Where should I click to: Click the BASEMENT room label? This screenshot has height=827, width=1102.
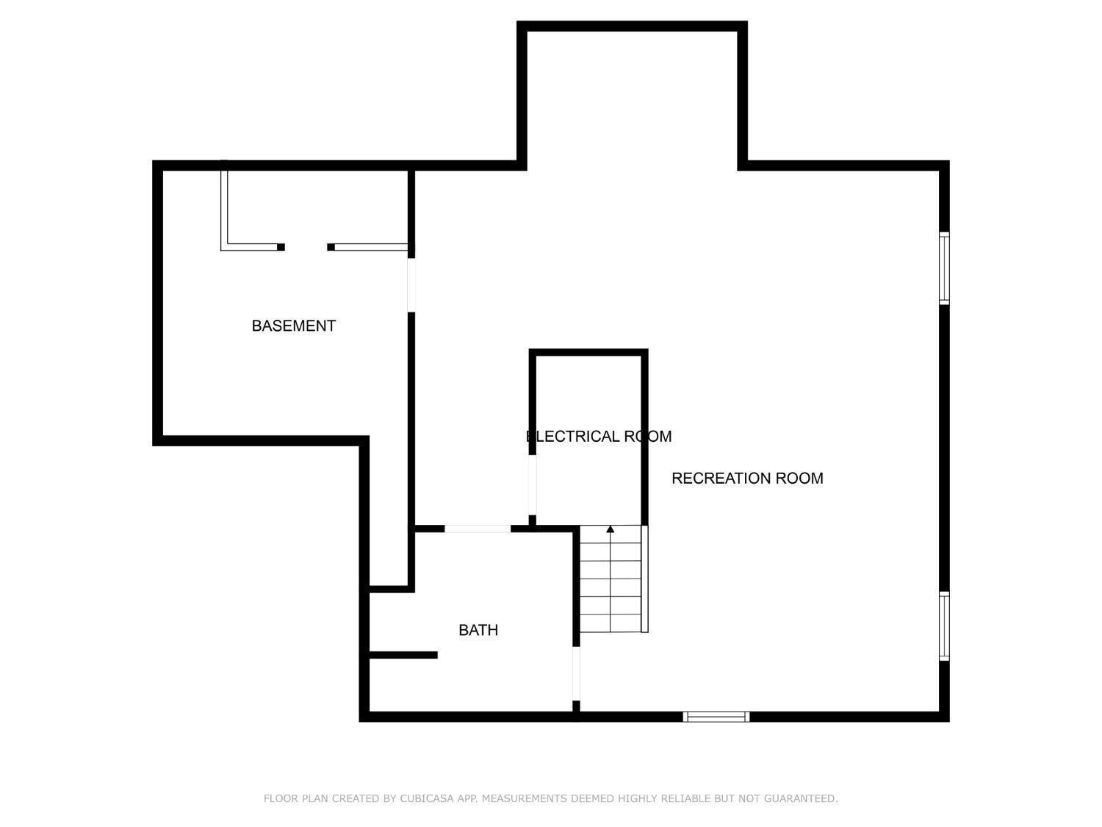point(293,326)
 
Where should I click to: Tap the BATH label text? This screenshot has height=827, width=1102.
point(478,630)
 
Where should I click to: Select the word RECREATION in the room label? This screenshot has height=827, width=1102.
point(721,478)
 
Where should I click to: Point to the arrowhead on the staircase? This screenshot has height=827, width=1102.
point(610,529)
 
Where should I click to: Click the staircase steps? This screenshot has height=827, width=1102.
point(611,579)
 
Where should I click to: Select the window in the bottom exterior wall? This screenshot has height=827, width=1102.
point(716,717)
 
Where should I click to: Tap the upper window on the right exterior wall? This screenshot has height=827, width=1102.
point(944,268)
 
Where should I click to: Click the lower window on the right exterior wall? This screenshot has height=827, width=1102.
point(944,626)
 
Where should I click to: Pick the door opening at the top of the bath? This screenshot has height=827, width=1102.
point(478,529)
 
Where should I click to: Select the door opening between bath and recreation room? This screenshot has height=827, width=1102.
point(576,673)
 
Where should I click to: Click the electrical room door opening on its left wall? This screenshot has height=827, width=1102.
point(532,484)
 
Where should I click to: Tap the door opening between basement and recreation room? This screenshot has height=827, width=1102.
point(411,284)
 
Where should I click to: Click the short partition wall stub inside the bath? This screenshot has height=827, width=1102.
point(403,655)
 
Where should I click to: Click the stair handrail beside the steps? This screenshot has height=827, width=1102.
point(644,579)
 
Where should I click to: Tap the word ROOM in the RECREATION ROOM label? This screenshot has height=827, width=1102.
point(799,478)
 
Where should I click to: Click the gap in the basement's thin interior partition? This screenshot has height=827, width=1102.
point(306,247)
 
